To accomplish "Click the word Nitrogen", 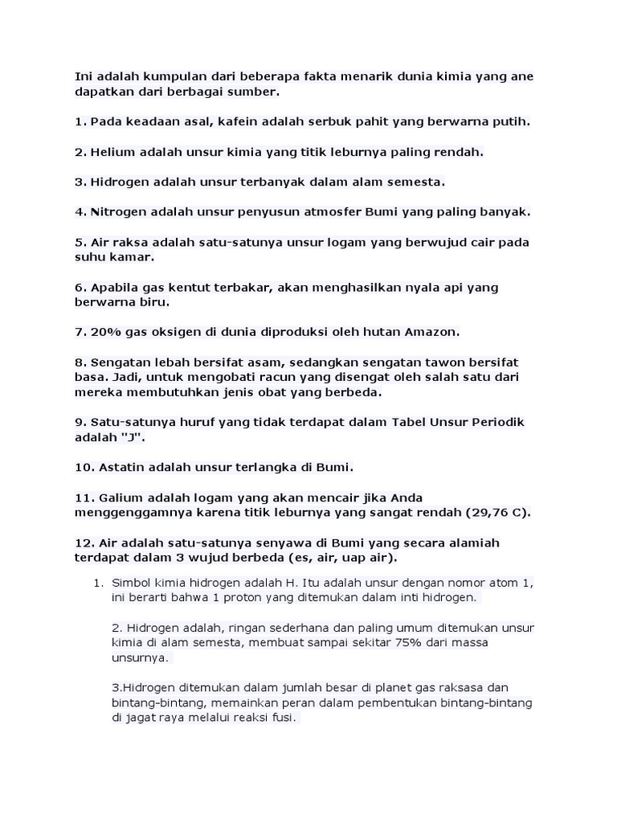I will (120, 212).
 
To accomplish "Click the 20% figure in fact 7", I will (104, 332).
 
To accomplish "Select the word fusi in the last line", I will (281, 718).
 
